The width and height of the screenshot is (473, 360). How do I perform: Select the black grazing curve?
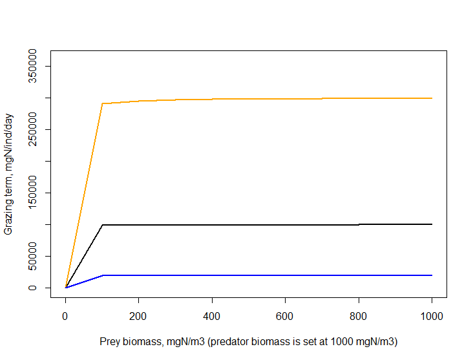(x=258, y=225)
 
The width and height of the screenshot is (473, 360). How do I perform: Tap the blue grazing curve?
(x=258, y=275)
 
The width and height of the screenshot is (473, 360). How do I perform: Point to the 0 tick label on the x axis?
(x=65, y=316)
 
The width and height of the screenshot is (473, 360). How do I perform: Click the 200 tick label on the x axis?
(x=138, y=316)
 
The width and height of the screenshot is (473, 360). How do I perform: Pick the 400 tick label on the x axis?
(x=212, y=316)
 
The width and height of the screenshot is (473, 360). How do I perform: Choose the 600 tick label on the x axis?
(x=285, y=316)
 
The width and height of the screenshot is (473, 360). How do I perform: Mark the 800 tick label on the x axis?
(x=359, y=316)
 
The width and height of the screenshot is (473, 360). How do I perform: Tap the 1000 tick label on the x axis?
(x=432, y=316)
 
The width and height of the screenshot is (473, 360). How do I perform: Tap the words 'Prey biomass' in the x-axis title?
(x=127, y=341)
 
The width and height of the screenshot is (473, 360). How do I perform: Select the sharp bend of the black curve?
(x=102, y=225)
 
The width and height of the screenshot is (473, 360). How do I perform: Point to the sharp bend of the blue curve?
(x=102, y=275)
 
